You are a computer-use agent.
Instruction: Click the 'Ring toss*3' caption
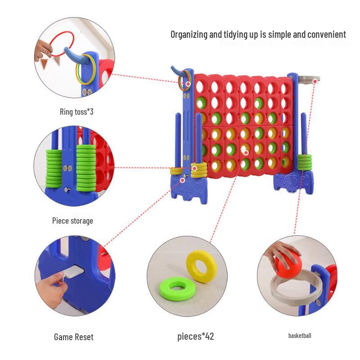[x=76, y=112]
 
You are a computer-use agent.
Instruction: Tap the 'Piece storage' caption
[x=73, y=221]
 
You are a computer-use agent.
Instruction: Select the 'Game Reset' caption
[x=74, y=337]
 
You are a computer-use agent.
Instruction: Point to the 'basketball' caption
[x=300, y=335]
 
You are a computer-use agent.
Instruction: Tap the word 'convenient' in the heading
[x=324, y=35]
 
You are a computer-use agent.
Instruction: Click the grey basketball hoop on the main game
[x=310, y=79]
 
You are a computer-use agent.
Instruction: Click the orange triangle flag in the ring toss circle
[x=45, y=63]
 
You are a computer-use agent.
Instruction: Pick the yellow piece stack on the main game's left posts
[x=199, y=169]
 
